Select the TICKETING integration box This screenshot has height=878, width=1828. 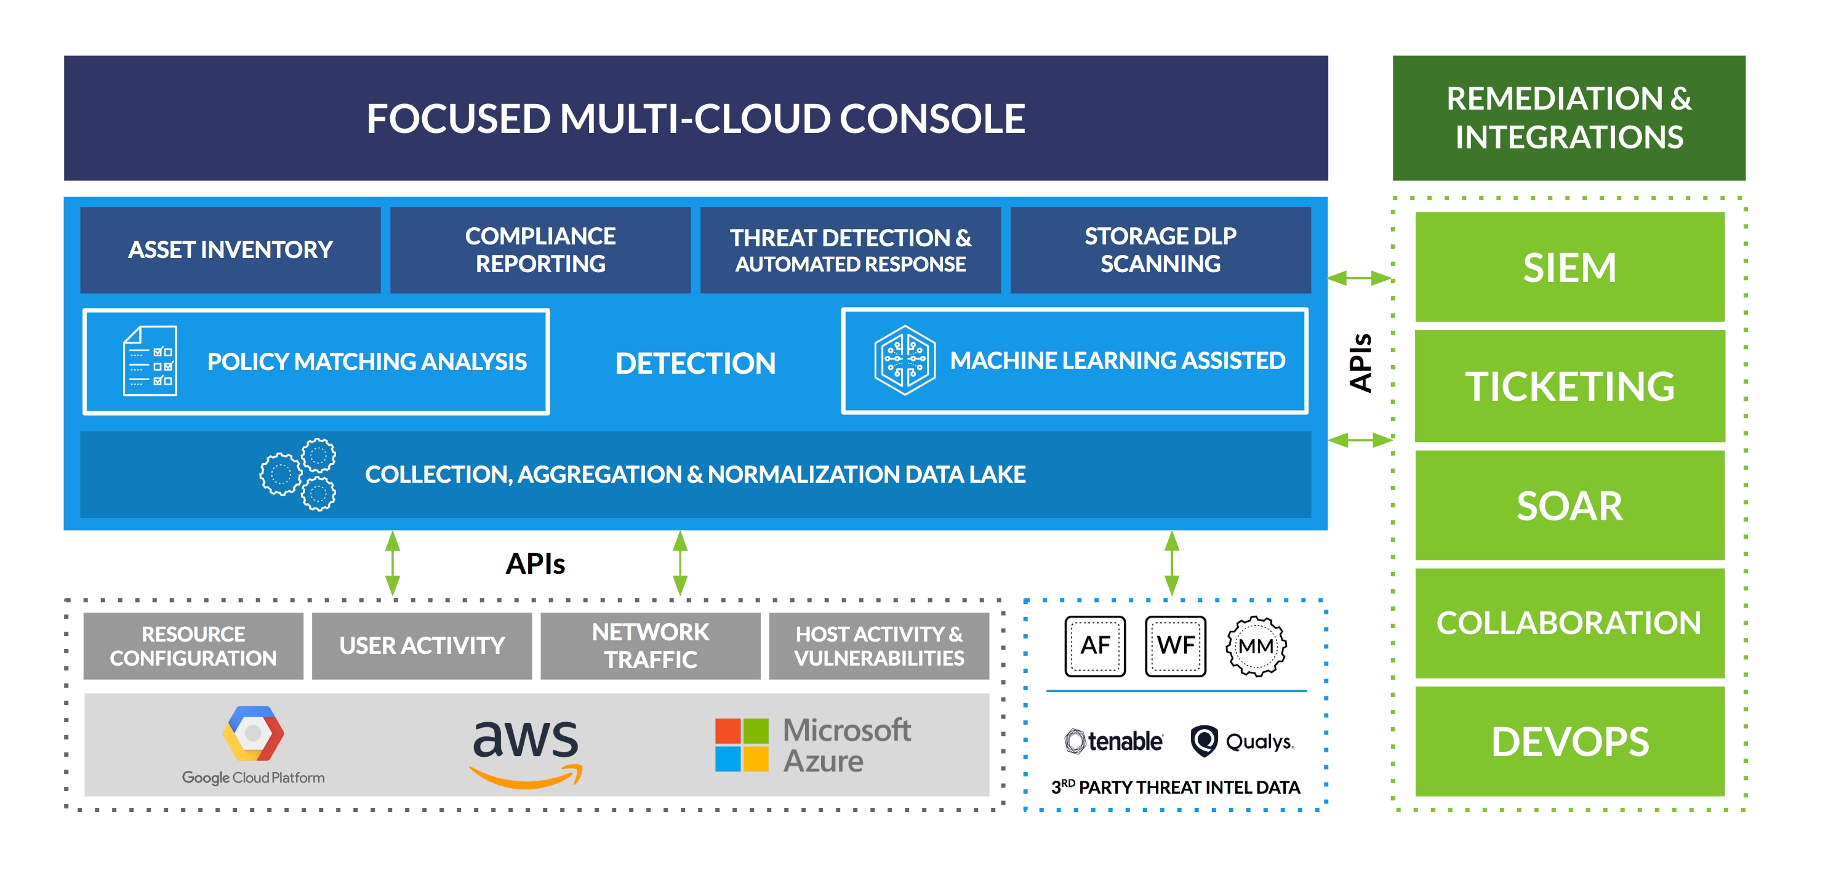[1569, 386]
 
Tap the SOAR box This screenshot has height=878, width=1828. [1569, 505]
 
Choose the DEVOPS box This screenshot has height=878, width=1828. [1569, 741]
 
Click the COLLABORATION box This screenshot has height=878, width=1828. [1569, 622]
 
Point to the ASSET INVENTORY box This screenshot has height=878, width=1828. [230, 250]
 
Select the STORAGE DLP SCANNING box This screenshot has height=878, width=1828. [1160, 250]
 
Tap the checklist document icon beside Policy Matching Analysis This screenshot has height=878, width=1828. [150, 361]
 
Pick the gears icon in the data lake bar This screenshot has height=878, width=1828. [299, 474]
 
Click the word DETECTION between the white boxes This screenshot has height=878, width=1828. [695, 363]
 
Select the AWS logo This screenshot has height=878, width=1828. [526, 751]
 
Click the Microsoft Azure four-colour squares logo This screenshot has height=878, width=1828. [742, 744]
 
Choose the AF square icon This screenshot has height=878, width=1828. [1095, 645]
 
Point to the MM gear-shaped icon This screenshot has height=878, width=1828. [1256, 646]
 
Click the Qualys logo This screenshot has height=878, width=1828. [1242, 741]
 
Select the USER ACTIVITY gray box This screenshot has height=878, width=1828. [422, 645]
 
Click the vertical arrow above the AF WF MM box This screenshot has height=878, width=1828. [1172, 563]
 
